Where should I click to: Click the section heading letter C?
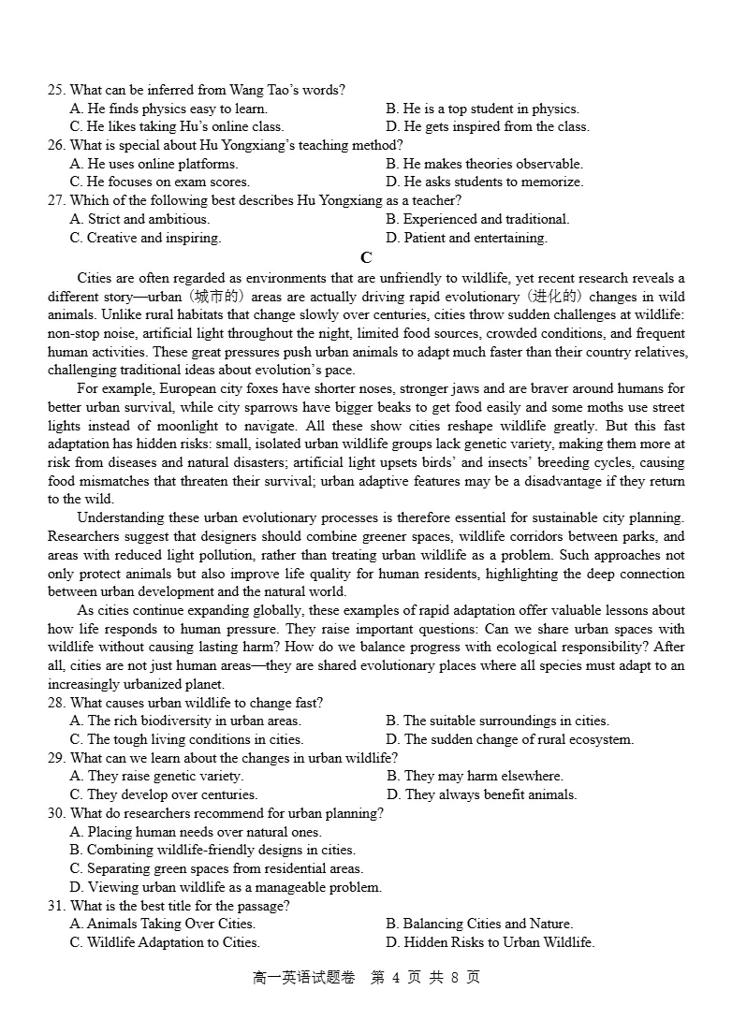point(366,258)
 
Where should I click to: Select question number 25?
point(56,90)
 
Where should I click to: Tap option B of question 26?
point(484,164)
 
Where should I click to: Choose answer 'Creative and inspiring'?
point(145,238)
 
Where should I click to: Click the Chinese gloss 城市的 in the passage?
point(203,297)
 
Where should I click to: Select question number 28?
point(56,703)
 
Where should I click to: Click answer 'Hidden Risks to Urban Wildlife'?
point(490,942)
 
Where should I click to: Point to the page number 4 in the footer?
point(396,978)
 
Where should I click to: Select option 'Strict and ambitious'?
point(139,219)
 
